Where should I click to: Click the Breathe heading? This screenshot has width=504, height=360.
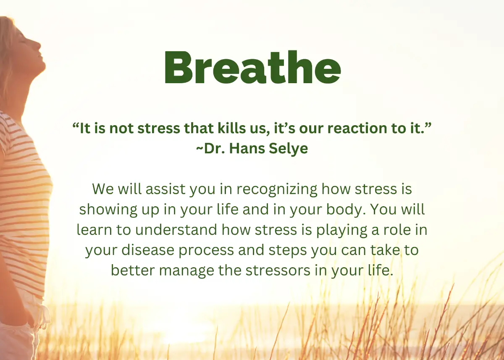coord(253,67)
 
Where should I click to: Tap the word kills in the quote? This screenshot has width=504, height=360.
coord(228,128)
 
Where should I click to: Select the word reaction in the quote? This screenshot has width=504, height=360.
coord(357,128)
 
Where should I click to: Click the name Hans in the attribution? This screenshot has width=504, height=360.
coord(247,149)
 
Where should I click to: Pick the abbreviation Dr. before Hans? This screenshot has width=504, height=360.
coord(215,149)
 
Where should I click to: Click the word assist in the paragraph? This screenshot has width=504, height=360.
coord(165,189)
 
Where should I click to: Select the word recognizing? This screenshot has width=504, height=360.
coord(277,189)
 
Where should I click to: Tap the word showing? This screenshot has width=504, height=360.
coord(108,210)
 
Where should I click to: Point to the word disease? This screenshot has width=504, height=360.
coord(148,250)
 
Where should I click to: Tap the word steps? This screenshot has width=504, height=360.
coord(288,250)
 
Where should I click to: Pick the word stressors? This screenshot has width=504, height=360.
coord(278,271)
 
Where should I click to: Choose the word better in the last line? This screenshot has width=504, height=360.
coord(133,270)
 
